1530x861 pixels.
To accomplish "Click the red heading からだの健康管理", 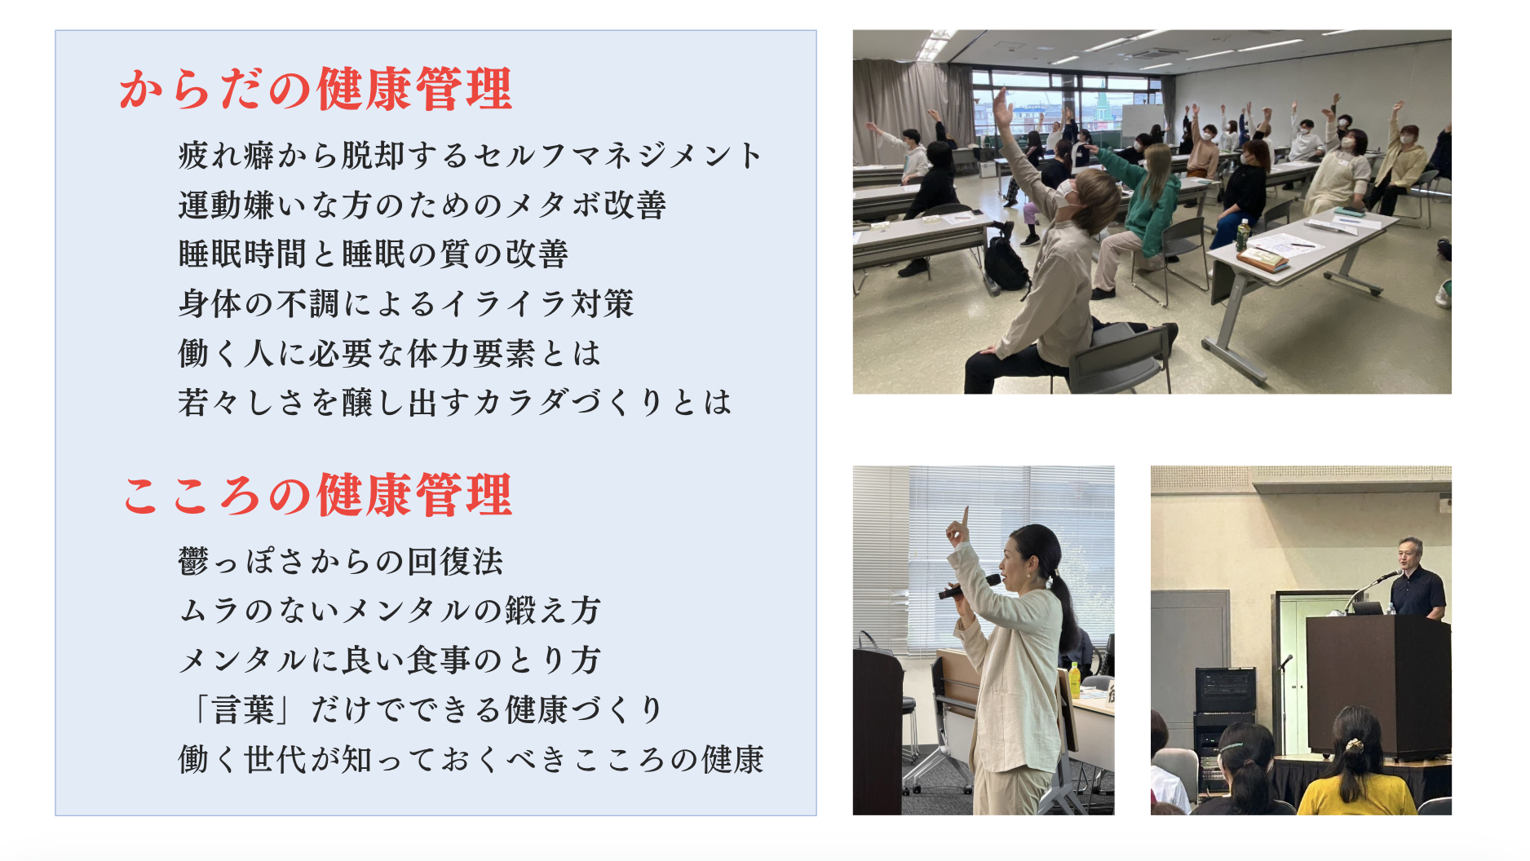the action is (316, 89).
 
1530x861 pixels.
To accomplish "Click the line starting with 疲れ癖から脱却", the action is (471, 155).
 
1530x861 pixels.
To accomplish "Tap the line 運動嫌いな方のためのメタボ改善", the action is (422, 205).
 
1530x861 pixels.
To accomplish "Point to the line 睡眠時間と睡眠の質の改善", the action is (373, 254).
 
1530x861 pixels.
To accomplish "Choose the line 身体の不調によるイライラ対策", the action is (406, 303).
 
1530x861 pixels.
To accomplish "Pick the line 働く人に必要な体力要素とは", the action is (390, 353).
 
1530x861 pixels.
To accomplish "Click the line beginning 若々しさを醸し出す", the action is (455, 402).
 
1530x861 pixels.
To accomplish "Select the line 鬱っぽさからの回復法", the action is (341, 561).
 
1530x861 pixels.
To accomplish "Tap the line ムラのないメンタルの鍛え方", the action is (390, 610).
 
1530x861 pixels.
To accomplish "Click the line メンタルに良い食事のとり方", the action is (390, 660).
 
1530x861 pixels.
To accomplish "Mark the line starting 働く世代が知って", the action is (471, 759).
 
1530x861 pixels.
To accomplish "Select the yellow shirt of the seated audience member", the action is (1355, 795).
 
